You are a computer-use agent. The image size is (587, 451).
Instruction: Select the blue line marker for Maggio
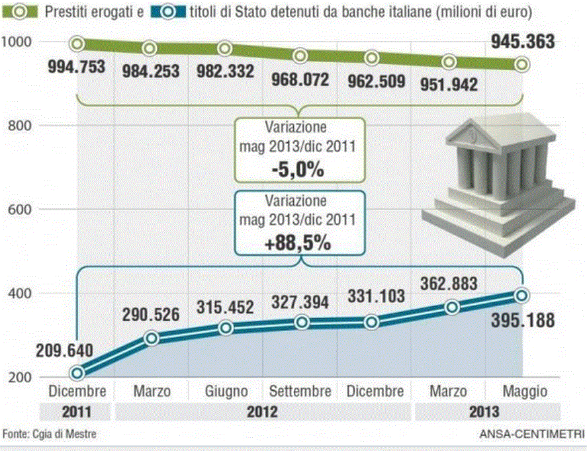pyautogui.click(x=522, y=296)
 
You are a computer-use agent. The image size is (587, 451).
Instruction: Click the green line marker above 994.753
pyautogui.click(x=77, y=44)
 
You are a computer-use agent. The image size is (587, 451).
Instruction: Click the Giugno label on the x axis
pyautogui.click(x=226, y=391)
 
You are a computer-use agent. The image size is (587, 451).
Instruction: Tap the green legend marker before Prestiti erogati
pyautogui.click(x=17, y=12)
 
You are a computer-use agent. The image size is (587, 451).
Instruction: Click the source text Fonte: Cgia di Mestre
pyautogui.click(x=49, y=434)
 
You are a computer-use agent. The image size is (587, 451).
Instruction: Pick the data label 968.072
pyautogui.click(x=300, y=80)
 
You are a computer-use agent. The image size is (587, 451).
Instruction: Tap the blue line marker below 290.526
pyautogui.click(x=151, y=338)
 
